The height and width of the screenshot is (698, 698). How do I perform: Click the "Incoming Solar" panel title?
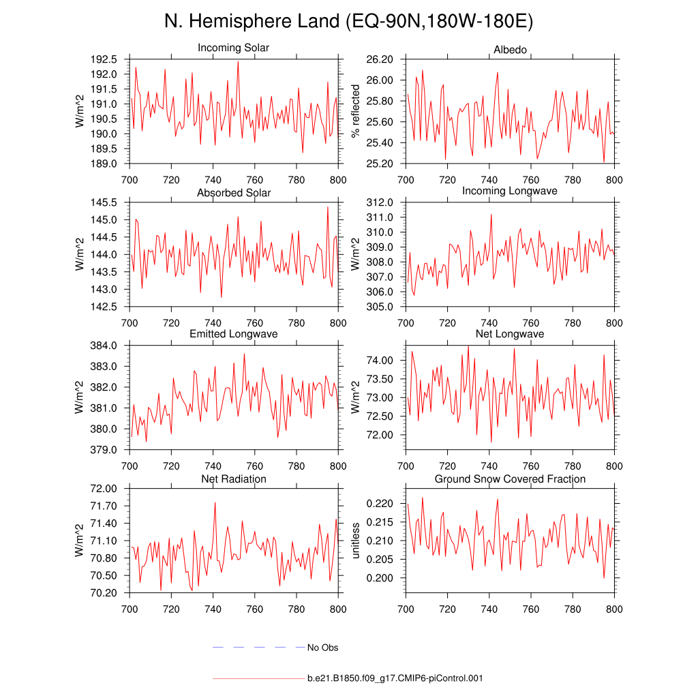(x=233, y=48)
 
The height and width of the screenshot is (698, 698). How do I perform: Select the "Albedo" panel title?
(x=510, y=50)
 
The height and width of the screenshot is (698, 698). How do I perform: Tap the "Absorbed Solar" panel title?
(x=233, y=193)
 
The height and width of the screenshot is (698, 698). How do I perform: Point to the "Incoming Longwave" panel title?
(x=510, y=191)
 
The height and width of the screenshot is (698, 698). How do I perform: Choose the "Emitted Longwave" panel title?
(x=233, y=334)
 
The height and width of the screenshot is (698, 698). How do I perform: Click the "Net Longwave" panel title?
(x=510, y=334)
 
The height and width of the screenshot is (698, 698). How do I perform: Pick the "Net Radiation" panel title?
(x=233, y=479)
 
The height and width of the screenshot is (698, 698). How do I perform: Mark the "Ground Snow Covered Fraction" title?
(x=510, y=479)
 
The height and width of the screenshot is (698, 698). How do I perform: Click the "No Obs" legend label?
(x=322, y=648)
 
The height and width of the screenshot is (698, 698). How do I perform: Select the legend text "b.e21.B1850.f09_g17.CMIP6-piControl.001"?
(x=395, y=679)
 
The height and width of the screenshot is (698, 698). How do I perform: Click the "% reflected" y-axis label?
(x=354, y=111)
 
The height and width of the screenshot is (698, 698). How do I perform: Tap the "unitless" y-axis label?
(x=354, y=540)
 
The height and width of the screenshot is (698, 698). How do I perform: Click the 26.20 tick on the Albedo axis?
(x=380, y=59)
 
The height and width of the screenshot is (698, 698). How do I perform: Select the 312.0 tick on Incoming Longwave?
(x=380, y=202)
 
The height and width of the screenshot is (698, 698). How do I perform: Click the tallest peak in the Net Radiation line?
(x=215, y=502)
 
